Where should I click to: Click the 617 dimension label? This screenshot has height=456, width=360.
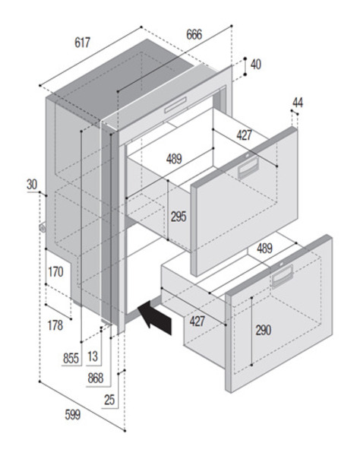point(83,43)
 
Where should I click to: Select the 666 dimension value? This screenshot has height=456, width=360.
point(194,35)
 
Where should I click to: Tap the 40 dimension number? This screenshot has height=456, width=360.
point(256,65)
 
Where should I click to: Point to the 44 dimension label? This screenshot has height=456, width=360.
point(298,103)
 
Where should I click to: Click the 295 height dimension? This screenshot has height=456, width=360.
point(178,217)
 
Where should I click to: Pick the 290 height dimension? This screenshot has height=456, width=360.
point(264,330)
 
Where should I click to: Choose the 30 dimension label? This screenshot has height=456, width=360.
point(32,185)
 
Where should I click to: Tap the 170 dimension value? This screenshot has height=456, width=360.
point(55,272)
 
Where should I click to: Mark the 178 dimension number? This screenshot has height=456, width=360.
point(55,325)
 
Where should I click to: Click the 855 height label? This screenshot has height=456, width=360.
point(71,358)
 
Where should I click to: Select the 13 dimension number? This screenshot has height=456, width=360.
point(93,356)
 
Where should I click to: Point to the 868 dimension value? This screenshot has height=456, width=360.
point(96,378)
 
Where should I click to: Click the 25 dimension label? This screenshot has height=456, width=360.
point(109,400)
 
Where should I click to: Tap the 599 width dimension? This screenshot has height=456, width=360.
point(73,415)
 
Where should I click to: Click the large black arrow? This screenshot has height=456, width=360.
point(155,317)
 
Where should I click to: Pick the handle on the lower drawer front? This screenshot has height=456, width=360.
point(283,276)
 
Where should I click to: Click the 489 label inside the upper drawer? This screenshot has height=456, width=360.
point(175,159)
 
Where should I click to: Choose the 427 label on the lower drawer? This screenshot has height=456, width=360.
point(197,321)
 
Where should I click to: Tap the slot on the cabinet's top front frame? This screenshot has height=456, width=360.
point(175,105)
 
